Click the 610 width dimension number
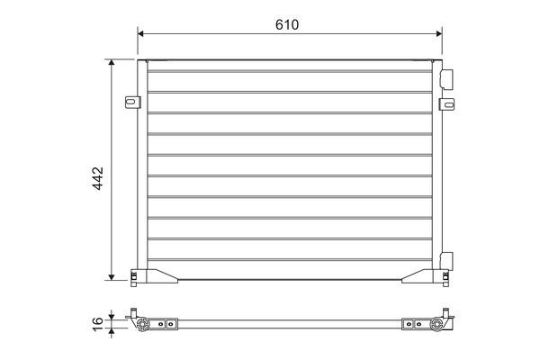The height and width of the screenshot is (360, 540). (287, 24)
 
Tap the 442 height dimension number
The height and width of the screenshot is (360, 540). (98, 178)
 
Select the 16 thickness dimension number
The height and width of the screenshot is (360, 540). (98, 324)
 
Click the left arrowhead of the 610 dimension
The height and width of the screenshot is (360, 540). (140, 33)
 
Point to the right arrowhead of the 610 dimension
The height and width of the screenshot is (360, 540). (439, 33)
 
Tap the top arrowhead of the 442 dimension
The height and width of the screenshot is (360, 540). (112, 62)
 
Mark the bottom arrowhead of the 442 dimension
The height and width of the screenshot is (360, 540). (112, 277)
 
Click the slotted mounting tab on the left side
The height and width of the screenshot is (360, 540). (132, 102)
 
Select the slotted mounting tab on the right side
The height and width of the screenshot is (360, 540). (446, 104)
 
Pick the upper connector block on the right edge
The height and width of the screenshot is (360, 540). (446, 79)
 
